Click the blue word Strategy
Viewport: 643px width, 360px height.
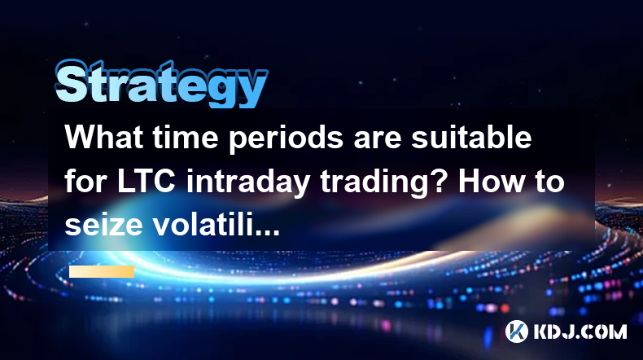pos(161,84)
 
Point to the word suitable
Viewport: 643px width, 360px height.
pos(471,137)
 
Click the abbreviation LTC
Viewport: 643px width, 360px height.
pos(146,182)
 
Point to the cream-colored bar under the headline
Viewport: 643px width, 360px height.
pos(102,271)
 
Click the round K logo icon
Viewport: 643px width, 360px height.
pos(517,331)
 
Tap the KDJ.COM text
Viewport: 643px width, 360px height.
pos(580,331)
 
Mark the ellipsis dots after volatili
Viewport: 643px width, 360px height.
pos(267,233)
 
